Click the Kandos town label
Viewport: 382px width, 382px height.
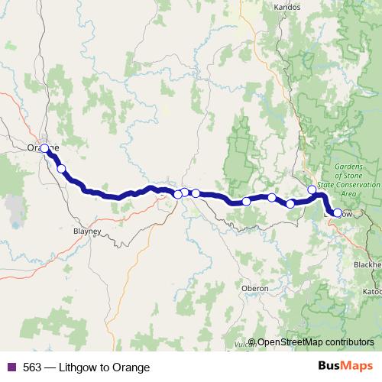click(x=286, y=8)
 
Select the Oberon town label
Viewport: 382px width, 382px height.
click(x=255, y=288)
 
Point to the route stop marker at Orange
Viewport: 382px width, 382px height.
click(x=44, y=148)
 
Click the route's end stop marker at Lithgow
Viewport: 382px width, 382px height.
click(x=338, y=213)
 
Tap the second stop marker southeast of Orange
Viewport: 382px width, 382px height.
click(x=61, y=169)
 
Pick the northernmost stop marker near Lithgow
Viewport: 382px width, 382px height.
click(x=312, y=189)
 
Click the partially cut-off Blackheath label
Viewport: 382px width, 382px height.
click(x=367, y=264)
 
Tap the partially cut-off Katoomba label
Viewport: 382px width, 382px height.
click(x=372, y=292)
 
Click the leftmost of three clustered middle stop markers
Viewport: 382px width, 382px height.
click(x=178, y=194)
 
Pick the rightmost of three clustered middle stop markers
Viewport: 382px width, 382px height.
click(x=196, y=193)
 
